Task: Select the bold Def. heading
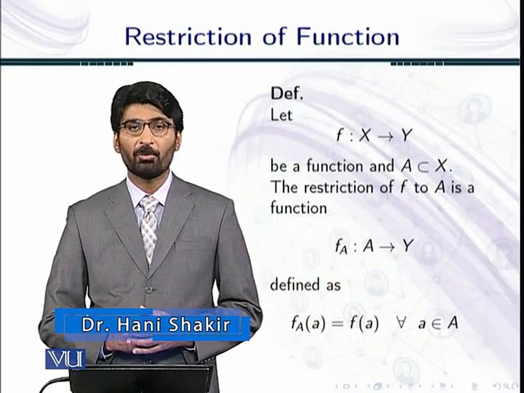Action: [x=286, y=94]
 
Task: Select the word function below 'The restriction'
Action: [x=298, y=207]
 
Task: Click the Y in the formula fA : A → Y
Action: [x=407, y=246]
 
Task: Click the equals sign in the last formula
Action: [x=338, y=323]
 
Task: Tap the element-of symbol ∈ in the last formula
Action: [x=436, y=324]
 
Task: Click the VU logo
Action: [x=65, y=359]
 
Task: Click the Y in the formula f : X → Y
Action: [x=406, y=136]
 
